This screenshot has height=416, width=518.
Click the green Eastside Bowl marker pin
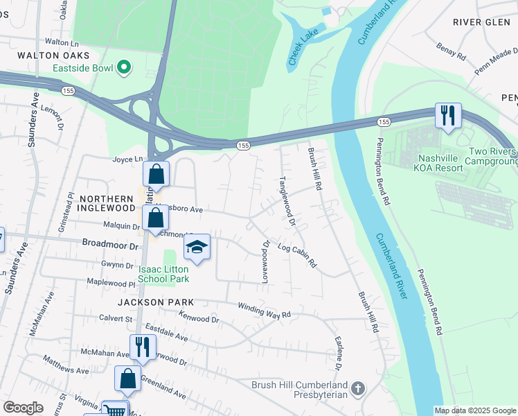click(x=124, y=67)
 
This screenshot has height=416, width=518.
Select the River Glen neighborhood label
click(x=481, y=22)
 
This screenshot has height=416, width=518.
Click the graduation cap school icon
click(x=197, y=248)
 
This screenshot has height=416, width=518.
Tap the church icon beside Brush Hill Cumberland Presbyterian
click(x=358, y=389)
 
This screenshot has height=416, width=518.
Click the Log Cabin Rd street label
click(x=296, y=254)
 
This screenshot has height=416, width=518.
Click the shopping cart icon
click(x=115, y=410)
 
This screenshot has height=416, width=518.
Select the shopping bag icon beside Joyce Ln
click(x=156, y=175)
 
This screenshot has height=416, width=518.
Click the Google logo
click(x=23, y=408)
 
